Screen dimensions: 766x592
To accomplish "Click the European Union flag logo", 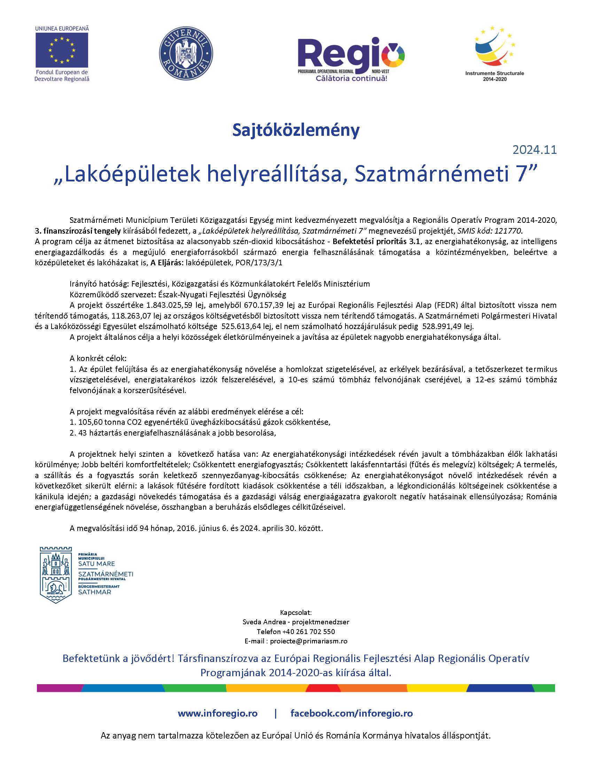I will tap(62, 49).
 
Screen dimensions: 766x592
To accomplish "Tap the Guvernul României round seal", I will tap(186, 55).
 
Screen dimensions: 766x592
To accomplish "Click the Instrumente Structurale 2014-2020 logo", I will tap(494, 53).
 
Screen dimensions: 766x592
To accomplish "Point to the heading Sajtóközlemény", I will tap(296, 130).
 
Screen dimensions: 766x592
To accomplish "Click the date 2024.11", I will tap(535, 150).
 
